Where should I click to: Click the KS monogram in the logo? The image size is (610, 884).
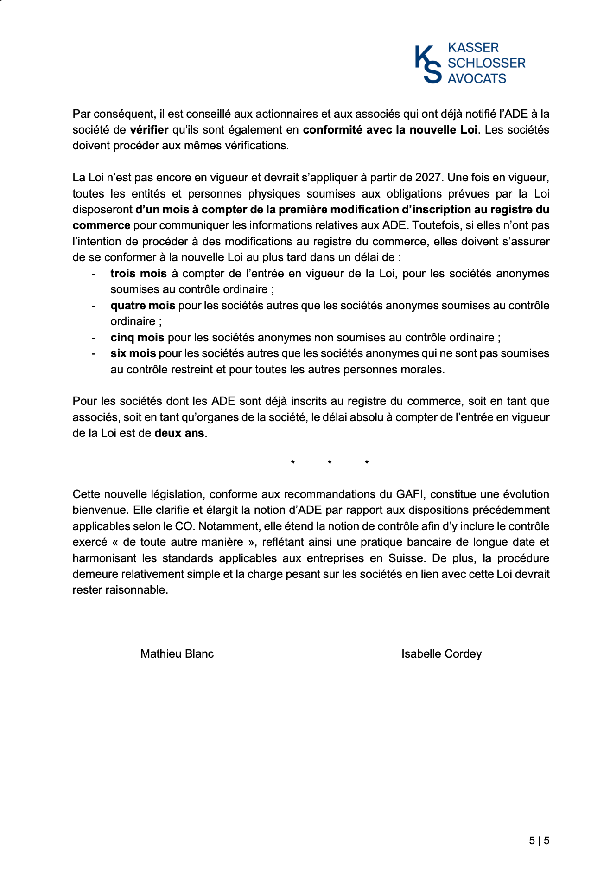click(428, 64)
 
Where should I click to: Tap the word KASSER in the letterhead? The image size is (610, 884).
click(473, 48)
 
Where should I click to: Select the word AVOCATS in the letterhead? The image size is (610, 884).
click(477, 78)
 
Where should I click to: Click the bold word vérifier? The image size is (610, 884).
click(149, 130)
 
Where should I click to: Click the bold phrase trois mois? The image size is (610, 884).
click(138, 274)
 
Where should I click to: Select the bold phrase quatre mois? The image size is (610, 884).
click(143, 306)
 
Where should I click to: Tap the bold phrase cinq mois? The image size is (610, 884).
click(137, 338)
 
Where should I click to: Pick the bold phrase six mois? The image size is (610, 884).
click(133, 353)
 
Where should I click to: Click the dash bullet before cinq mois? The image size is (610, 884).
click(94, 338)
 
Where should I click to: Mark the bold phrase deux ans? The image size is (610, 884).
click(179, 433)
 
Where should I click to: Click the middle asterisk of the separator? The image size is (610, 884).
click(330, 463)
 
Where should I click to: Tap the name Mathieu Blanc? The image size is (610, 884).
click(177, 654)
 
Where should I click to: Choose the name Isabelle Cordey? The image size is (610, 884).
click(441, 654)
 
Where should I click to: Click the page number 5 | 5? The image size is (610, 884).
click(539, 840)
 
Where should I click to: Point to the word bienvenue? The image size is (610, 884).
click(99, 510)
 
